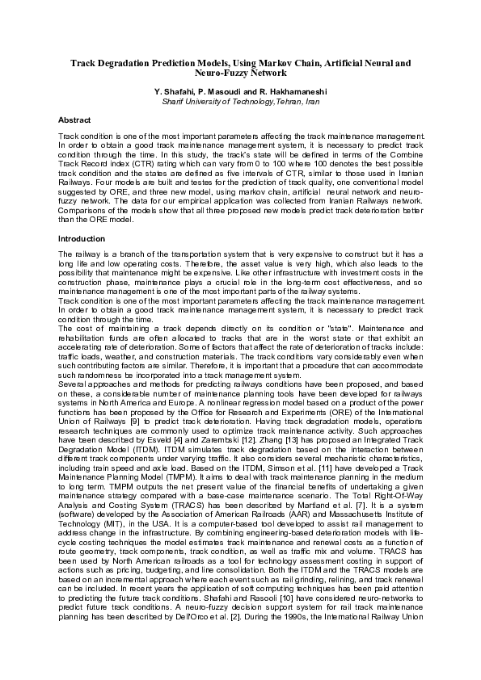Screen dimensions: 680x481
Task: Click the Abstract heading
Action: (74, 120)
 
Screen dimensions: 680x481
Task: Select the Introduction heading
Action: (82, 239)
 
